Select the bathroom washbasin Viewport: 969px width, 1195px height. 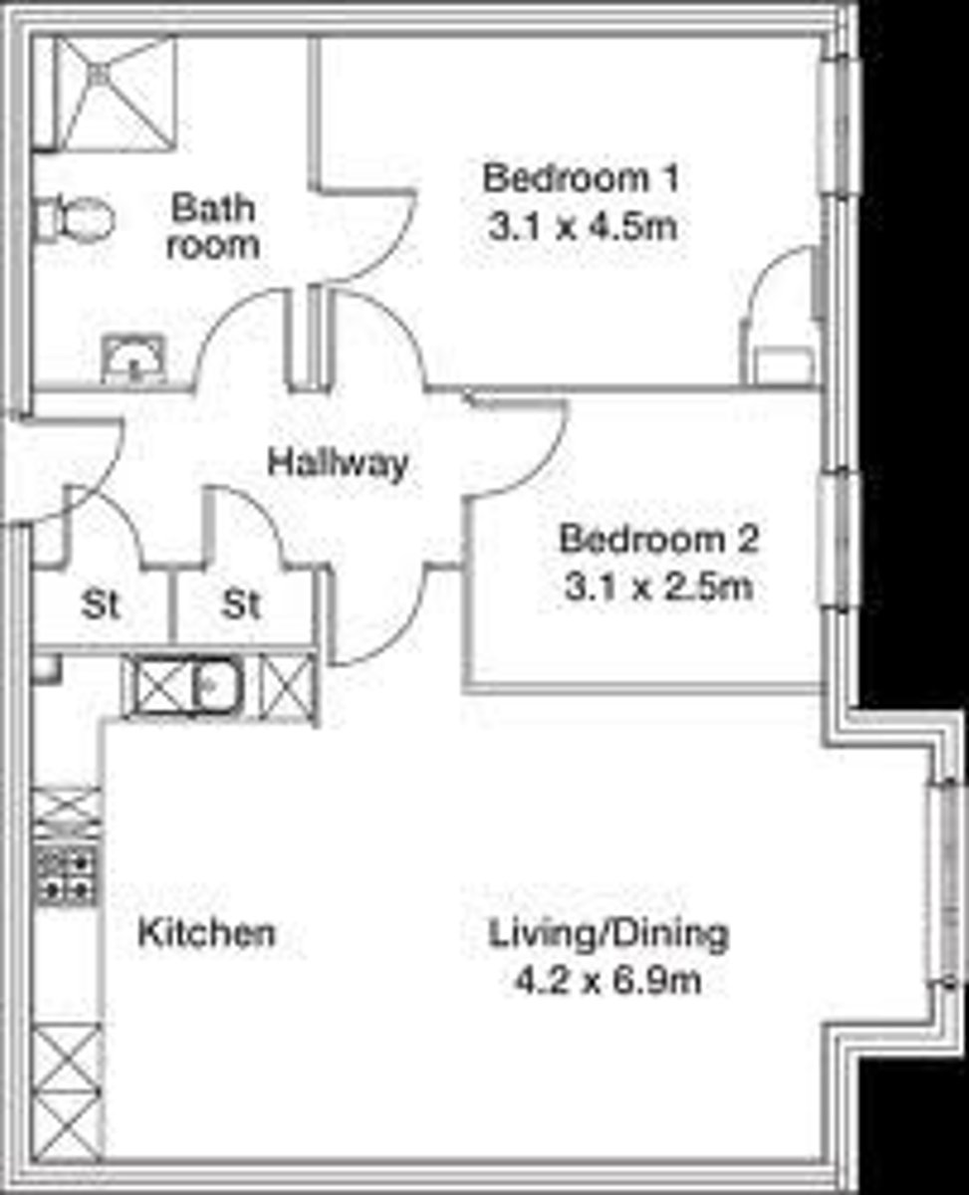tap(134, 359)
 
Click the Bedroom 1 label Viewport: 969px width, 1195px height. tap(582, 178)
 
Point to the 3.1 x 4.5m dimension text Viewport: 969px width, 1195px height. tap(583, 227)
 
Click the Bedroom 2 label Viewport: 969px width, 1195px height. tap(659, 539)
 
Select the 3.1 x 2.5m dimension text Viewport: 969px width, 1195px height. tap(658, 588)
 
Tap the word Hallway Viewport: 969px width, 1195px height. tap(338, 464)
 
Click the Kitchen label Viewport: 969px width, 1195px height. tap(207, 932)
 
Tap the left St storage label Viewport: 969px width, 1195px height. tap(101, 605)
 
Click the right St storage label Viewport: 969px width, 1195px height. tap(241, 605)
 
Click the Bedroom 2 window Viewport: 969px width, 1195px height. tap(839, 541)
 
